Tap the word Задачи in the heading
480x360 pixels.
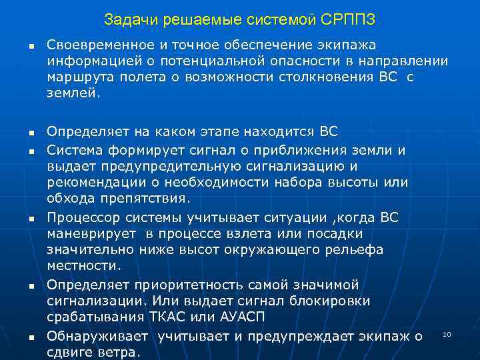127,21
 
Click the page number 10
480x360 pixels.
447,333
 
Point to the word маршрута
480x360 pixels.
75,77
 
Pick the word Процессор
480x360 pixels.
80,217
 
